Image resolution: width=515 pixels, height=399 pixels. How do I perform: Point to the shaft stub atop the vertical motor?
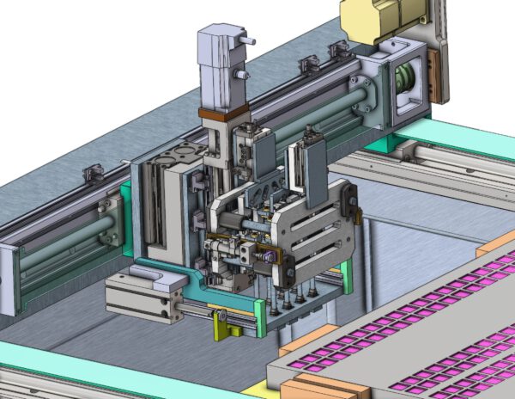point(248,40)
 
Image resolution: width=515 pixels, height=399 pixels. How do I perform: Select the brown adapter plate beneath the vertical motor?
point(223,114)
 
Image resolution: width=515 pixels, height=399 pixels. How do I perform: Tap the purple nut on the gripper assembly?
point(270,255)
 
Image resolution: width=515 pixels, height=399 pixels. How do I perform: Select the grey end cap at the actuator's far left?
point(8,279)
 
